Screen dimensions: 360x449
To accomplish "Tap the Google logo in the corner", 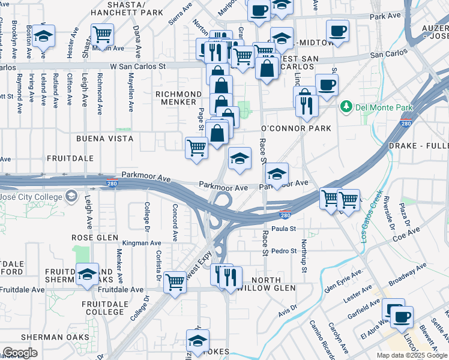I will (20, 353).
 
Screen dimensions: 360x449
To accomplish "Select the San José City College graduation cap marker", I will (71, 197).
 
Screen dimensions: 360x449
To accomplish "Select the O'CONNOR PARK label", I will (296, 128).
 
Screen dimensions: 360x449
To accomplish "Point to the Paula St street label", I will (284, 229).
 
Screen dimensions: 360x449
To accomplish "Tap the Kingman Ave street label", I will (139, 243).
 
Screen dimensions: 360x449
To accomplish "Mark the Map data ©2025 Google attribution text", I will (411, 355).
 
